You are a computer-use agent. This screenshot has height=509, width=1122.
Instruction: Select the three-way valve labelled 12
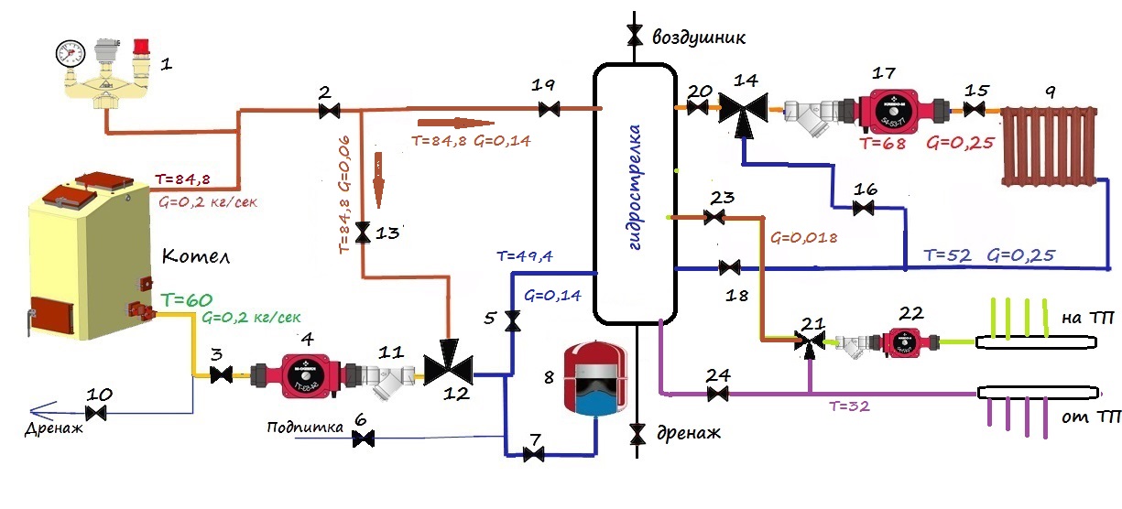click(447, 371)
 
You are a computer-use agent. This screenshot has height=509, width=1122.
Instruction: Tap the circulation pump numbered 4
click(301, 374)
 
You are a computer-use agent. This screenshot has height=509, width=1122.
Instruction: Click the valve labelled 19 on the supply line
click(550, 110)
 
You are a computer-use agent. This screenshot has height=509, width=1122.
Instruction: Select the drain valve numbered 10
click(100, 413)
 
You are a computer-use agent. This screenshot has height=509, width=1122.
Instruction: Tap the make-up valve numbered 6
click(364, 440)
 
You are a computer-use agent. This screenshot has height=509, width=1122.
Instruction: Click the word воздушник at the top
click(700, 38)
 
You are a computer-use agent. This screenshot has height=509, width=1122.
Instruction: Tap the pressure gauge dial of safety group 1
click(64, 50)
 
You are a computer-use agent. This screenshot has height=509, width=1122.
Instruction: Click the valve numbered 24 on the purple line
click(718, 395)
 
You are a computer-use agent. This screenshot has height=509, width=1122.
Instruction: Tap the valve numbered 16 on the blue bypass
click(863, 209)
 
